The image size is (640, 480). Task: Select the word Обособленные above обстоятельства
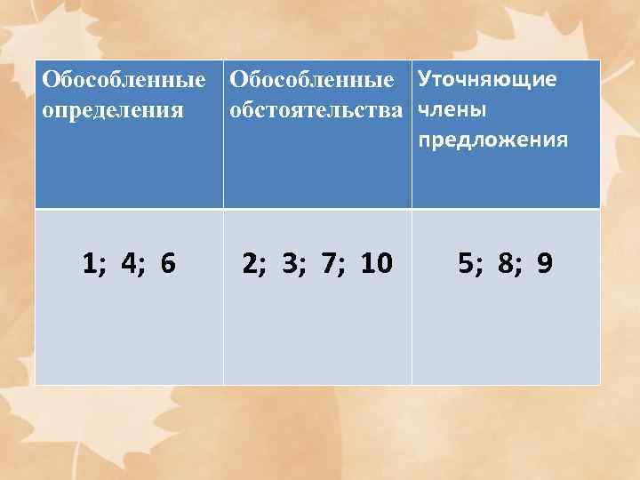[x=311, y=82]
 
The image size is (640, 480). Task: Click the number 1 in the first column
[x=89, y=263]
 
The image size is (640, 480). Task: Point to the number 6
[x=168, y=263]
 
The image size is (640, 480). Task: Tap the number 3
[x=292, y=263]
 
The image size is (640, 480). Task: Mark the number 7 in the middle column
[x=332, y=263]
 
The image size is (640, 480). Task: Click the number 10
[x=377, y=263]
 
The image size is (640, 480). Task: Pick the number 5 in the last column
[x=466, y=263]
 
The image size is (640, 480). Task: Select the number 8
[x=506, y=263]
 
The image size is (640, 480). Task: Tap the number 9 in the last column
[x=545, y=263]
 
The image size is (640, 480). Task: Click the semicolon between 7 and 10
[x=347, y=266]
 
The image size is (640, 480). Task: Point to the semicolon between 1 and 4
[x=104, y=266]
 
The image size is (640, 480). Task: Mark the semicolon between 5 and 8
[x=481, y=266]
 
